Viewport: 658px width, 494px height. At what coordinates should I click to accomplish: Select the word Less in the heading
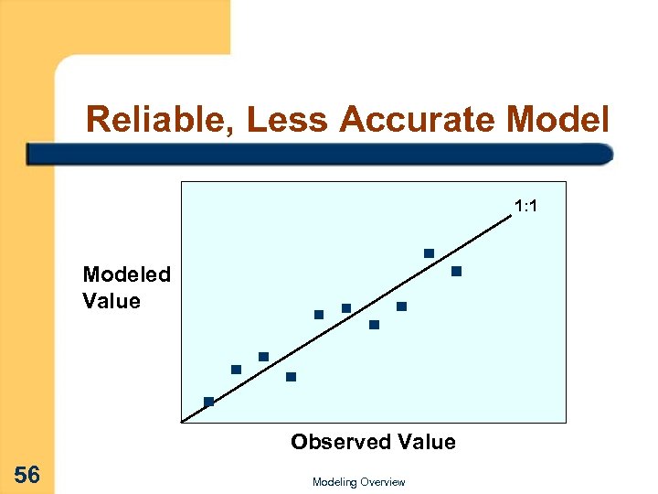[x=284, y=118]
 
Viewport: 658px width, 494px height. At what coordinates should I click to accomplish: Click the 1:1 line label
[x=525, y=206]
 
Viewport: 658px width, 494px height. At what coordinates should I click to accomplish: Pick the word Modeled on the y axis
[x=126, y=274]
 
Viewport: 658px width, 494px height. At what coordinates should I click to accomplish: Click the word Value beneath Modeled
[x=111, y=301]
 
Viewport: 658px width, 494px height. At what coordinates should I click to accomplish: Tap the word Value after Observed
[x=425, y=442]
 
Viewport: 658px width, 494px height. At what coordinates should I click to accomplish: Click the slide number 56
[x=27, y=475]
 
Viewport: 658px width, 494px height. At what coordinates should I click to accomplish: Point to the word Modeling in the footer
[x=335, y=482]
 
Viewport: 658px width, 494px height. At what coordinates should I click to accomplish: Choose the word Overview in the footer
[x=383, y=482]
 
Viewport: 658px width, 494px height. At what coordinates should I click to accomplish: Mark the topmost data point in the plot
[x=429, y=252]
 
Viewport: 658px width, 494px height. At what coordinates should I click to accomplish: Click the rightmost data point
[x=456, y=271]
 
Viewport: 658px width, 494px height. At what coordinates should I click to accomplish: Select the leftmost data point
[x=208, y=401]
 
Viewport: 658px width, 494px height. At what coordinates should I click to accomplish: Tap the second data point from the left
[x=236, y=370]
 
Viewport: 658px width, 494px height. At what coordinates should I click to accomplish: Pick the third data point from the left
[x=263, y=356]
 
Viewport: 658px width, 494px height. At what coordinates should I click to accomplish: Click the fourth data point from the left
[x=291, y=376]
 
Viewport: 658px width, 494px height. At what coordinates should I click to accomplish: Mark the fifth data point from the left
[x=319, y=314]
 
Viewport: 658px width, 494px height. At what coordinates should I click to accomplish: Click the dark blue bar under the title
[x=320, y=154]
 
